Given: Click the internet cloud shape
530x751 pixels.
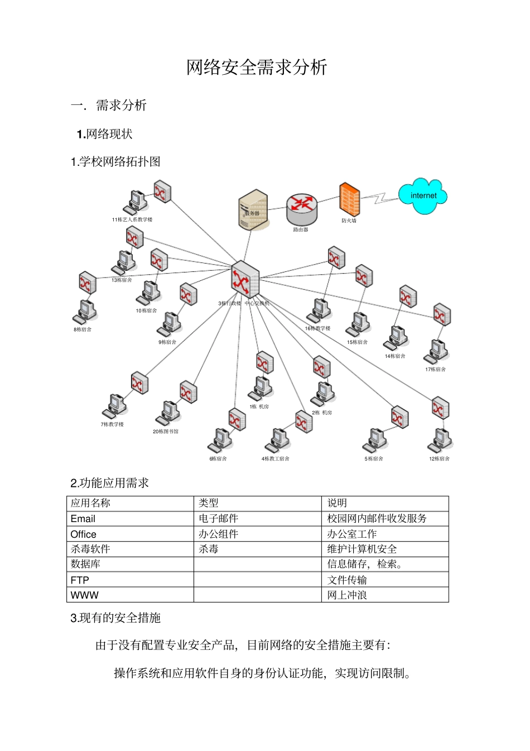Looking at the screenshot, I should (423, 196).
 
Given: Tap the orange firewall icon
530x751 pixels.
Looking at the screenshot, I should (349, 199).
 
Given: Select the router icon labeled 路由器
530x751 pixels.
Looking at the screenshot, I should (301, 208).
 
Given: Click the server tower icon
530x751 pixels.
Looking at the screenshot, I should (253, 210).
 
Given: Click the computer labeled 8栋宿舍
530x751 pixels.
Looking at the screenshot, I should (86, 312).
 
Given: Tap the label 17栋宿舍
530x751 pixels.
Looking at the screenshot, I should (435, 369).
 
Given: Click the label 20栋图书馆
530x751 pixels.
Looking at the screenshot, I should (166, 432).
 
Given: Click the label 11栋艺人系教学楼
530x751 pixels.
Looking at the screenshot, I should (132, 219).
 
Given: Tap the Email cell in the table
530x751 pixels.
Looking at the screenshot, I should (83, 519).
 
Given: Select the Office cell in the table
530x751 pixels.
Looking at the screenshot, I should (84, 534).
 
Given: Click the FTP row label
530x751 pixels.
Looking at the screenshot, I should (80, 580).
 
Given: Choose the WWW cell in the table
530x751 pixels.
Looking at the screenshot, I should (85, 595).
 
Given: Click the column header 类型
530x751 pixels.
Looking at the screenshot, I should (209, 503).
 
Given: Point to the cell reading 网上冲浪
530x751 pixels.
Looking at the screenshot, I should (347, 595).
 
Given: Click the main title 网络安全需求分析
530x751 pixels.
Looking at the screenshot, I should (257, 68).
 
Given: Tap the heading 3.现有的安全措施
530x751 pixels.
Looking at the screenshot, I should (115, 618).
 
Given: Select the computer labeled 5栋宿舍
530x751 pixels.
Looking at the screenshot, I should (375, 440).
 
